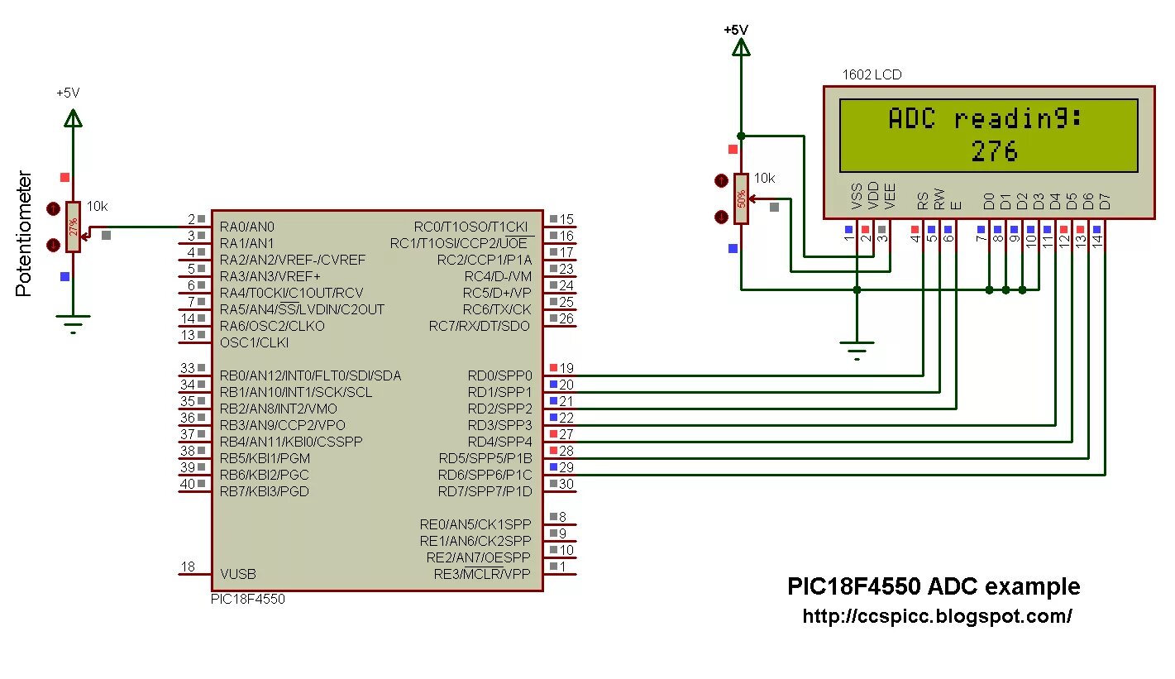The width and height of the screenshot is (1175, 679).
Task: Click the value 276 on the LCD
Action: [x=995, y=151]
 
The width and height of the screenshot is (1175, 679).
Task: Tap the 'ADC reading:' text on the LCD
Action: [x=986, y=119]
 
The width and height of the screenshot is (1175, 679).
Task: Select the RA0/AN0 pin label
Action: [x=247, y=227]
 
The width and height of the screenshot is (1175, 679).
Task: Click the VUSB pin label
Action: [x=238, y=574]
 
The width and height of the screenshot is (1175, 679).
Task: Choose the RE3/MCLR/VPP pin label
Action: [x=483, y=574]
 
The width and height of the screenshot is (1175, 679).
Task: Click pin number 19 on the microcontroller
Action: [x=566, y=368]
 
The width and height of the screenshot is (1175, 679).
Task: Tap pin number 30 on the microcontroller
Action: [x=566, y=484]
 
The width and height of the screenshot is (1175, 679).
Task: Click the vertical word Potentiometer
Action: [x=25, y=234]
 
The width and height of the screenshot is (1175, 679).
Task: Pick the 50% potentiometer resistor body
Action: [x=742, y=198]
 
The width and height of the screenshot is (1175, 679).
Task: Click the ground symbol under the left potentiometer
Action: [x=74, y=322]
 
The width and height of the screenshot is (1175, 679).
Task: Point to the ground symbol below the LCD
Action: [x=857, y=350]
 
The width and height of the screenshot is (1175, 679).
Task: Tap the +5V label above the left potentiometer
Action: [x=68, y=93]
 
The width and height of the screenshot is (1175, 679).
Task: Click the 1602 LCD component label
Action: [x=872, y=74]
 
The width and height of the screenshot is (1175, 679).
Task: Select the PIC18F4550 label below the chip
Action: [x=248, y=599]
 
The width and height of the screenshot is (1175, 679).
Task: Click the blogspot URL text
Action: [x=937, y=616]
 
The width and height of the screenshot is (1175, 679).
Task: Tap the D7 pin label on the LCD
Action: [x=1105, y=199]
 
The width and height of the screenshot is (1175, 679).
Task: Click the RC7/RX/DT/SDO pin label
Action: [x=480, y=326]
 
